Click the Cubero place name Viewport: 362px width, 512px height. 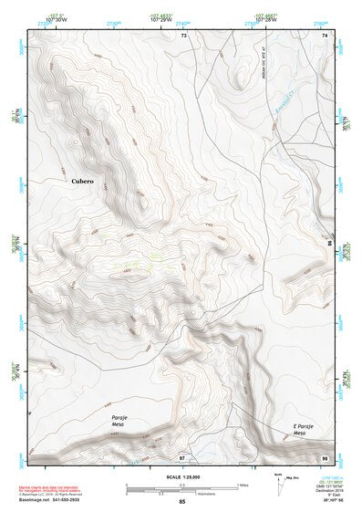(x=86, y=181)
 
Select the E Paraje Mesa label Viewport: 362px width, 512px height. (x=305, y=428)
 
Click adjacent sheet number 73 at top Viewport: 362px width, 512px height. (x=183, y=34)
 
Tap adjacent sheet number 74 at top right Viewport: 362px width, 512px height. (x=324, y=34)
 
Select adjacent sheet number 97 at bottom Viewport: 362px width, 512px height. (x=182, y=455)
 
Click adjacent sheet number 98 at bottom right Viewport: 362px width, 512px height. (x=324, y=455)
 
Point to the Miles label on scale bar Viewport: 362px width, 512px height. (x=242, y=485)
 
